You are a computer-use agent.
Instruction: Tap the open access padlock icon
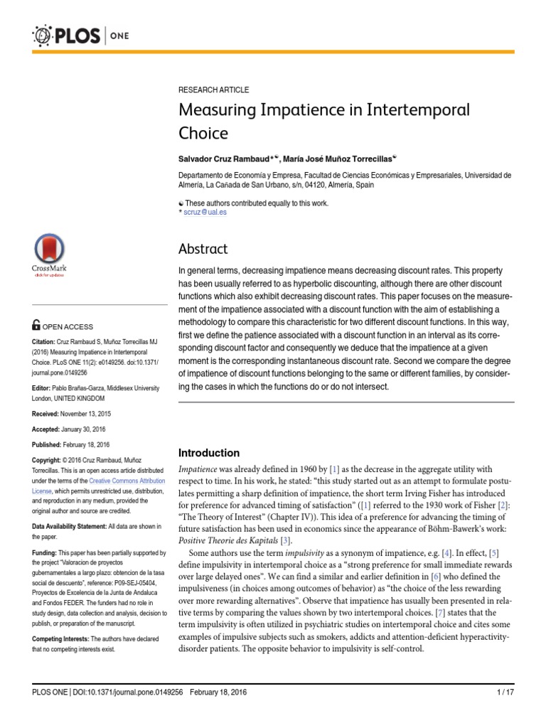[x=37, y=326]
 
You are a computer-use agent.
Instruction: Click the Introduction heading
[x=208, y=453]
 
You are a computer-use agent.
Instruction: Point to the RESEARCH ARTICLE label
[x=213, y=90]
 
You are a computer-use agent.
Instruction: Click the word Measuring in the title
[x=218, y=112]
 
